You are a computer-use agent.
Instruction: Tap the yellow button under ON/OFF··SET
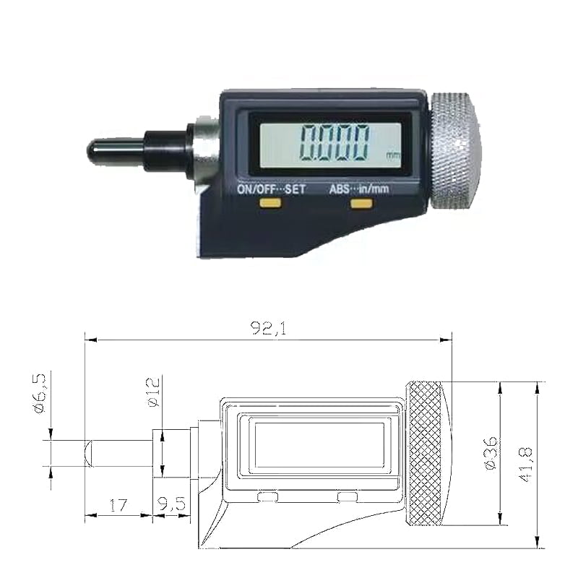click(270, 204)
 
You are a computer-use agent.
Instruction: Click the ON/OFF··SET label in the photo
click(272, 189)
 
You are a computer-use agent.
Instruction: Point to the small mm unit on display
click(392, 155)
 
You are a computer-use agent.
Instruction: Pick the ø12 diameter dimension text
click(154, 392)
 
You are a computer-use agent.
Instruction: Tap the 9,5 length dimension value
click(171, 504)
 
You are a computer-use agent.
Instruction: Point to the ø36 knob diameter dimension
click(491, 454)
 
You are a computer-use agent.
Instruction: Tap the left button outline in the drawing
click(267, 496)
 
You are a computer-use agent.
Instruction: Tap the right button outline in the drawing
click(348, 496)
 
